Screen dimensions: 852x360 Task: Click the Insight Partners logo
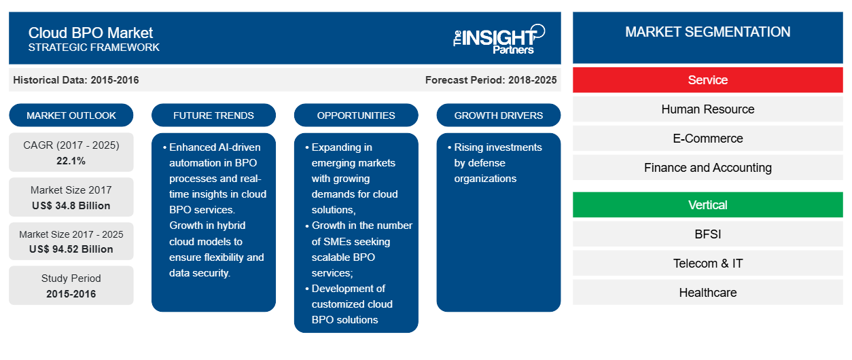[x=499, y=39]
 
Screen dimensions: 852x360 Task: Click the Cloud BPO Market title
[x=90, y=33]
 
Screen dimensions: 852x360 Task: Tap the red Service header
[x=707, y=80]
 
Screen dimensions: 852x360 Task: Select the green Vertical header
[x=707, y=205]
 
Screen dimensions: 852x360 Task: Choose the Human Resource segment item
[x=707, y=109]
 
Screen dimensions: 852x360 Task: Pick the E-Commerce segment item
[x=707, y=139]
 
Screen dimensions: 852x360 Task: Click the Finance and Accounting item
[x=707, y=168]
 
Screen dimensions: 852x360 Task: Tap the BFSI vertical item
[x=707, y=234]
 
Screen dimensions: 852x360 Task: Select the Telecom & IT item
[x=707, y=264]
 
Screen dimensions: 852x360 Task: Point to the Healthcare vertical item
[x=707, y=293]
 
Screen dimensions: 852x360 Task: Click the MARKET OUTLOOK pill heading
[x=71, y=115]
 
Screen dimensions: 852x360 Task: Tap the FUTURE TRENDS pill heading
[x=213, y=115]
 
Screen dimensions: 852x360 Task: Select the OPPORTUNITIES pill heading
[x=356, y=115]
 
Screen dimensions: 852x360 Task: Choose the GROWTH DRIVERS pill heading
[x=498, y=115]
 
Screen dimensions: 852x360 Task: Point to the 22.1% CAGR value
[x=71, y=161]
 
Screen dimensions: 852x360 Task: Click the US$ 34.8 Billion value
[x=71, y=206]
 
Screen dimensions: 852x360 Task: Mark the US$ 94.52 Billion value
[x=71, y=249]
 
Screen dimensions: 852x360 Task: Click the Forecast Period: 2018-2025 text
[x=491, y=80]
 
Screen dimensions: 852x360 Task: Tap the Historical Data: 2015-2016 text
[x=76, y=80]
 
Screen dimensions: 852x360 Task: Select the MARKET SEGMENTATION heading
[x=707, y=32]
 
